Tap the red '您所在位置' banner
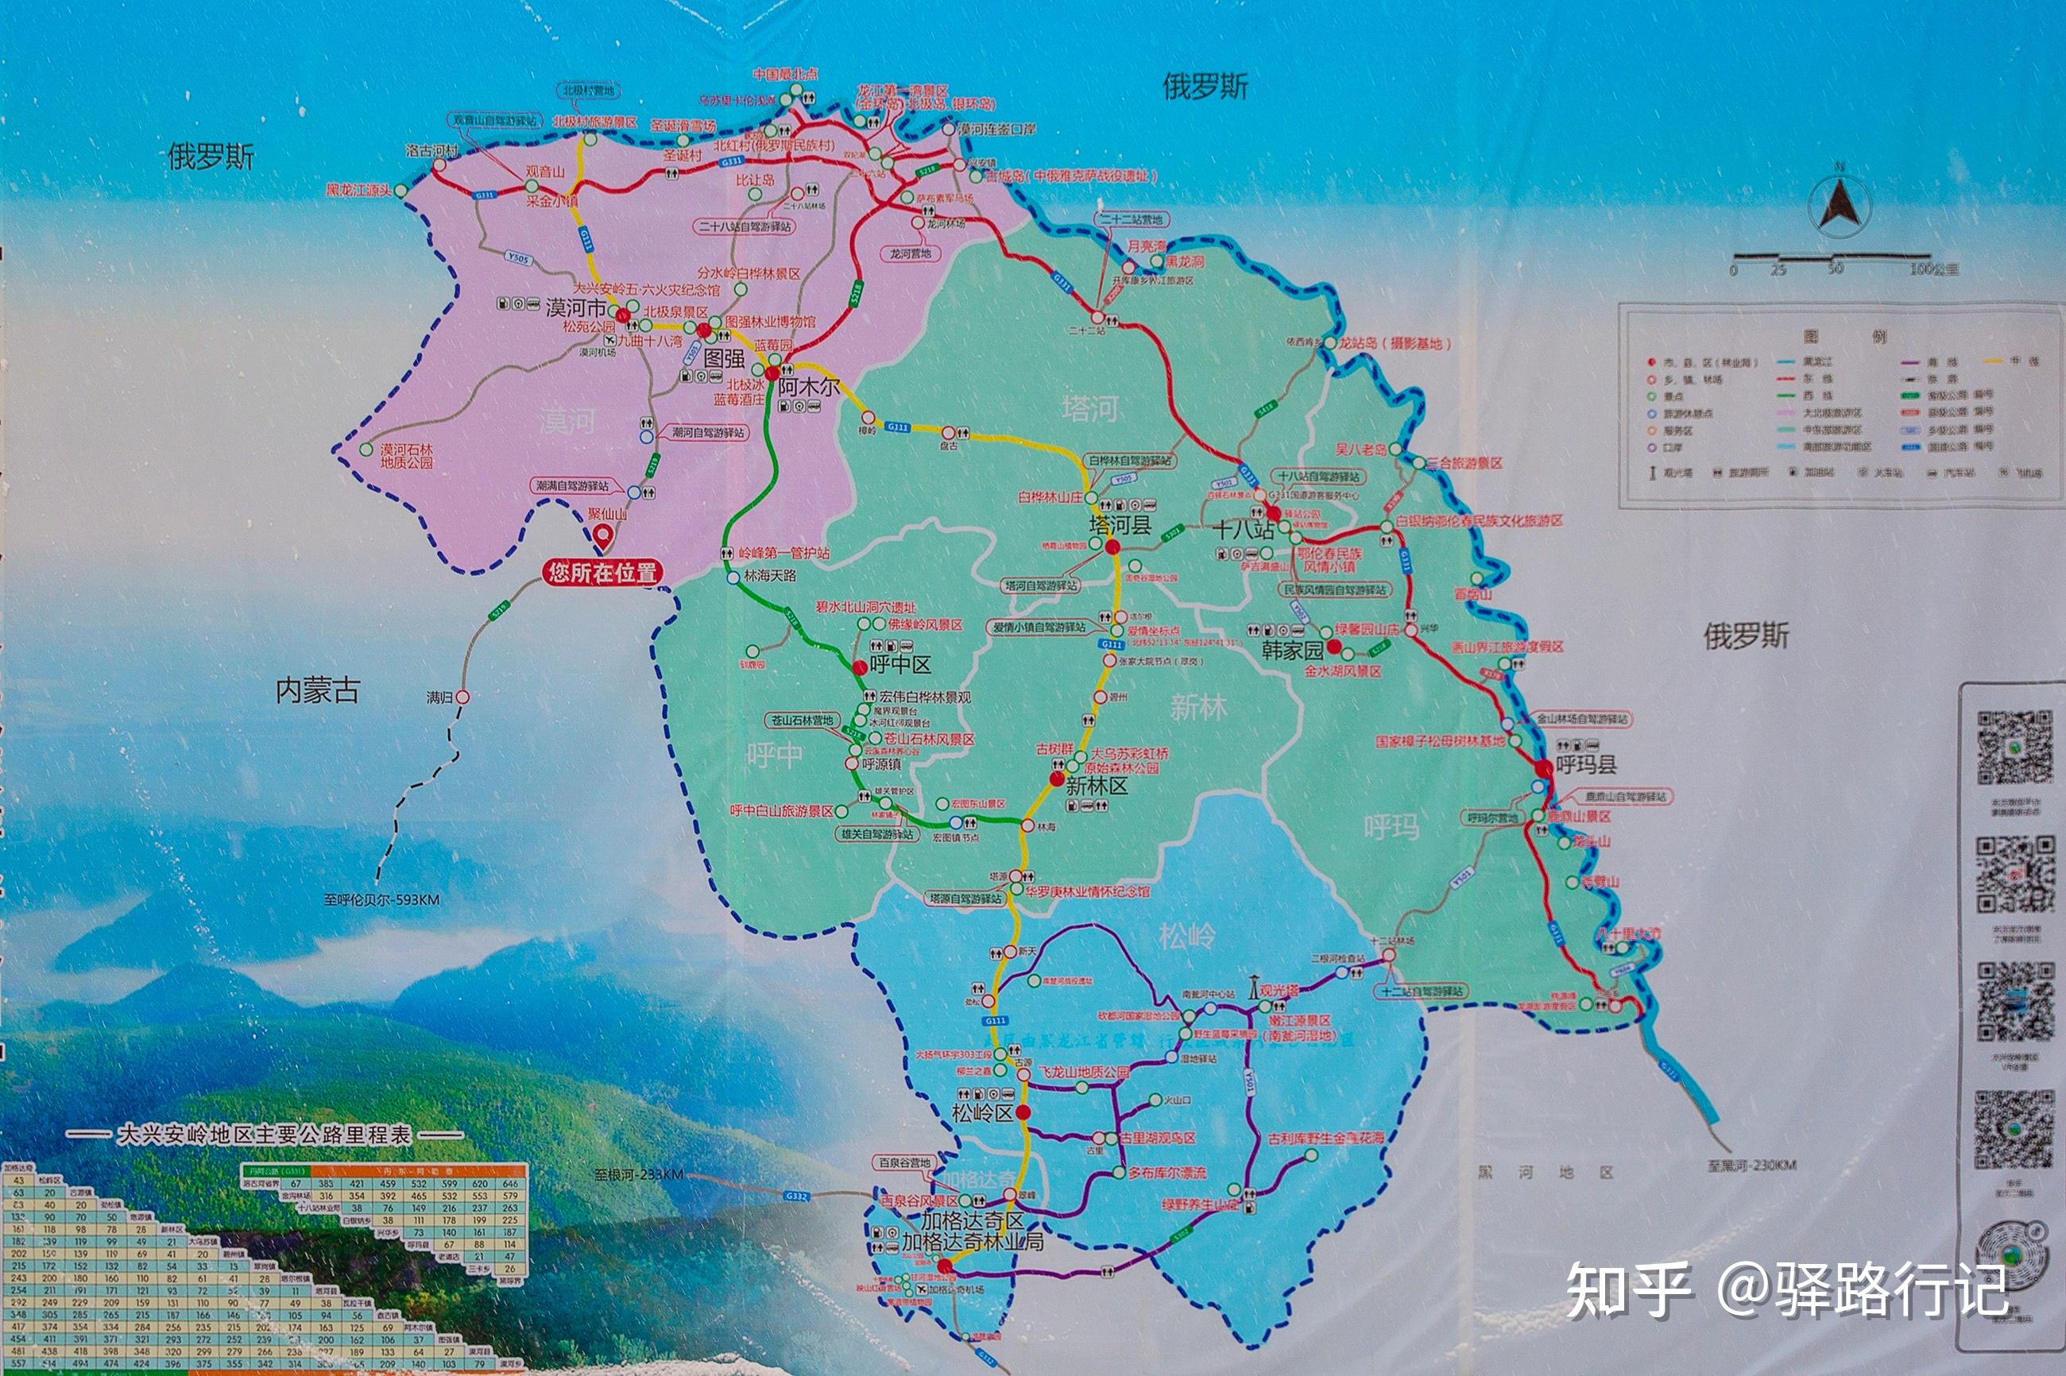click(x=602, y=573)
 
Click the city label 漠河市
click(x=576, y=308)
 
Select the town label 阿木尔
click(x=808, y=387)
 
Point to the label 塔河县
click(x=1119, y=525)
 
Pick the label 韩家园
click(x=1292, y=651)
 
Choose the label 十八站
click(x=1243, y=529)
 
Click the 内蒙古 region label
click(x=318, y=691)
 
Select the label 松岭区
click(x=982, y=1114)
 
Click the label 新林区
click(x=1097, y=786)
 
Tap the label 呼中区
click(x=900, y=664)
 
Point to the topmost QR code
click(x=2014, y=747)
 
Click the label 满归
click(x=439, y=698)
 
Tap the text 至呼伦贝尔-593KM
click(x=381, y=899)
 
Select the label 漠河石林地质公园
click(x=406, y=455)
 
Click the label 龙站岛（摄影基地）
click(x=1393, y=343)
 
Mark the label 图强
click(x=724, y=358)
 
